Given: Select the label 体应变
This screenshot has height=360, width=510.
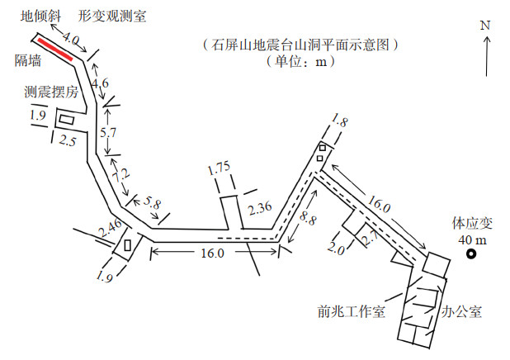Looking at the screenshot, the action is click(470, 223).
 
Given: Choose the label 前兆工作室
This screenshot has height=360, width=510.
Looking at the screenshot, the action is click(351, 312).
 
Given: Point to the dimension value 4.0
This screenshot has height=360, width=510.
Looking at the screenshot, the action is click(71, 38).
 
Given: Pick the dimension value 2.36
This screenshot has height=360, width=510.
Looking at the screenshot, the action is click(260, 208).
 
